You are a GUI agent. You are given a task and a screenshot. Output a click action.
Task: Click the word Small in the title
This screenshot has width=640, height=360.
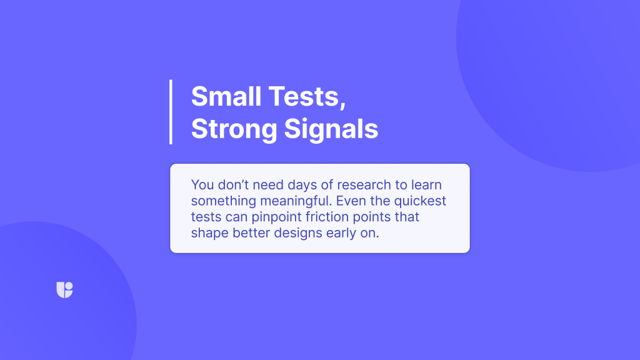point(226,96)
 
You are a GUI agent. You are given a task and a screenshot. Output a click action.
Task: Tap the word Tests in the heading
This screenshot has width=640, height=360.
point(307,97)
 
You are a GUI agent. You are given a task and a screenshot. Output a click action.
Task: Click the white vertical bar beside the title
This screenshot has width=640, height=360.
point(171,112)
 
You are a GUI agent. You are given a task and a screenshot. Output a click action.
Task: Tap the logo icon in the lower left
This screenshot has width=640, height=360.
point(64,290)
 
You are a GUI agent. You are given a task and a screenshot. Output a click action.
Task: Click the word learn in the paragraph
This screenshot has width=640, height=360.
point(426,185)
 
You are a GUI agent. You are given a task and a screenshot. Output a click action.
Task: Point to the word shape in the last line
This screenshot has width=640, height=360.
point(210,234)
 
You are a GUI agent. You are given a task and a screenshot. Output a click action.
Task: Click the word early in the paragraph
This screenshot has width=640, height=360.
point(341,234)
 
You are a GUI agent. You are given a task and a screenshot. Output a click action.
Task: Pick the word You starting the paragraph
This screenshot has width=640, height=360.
point(202,185)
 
